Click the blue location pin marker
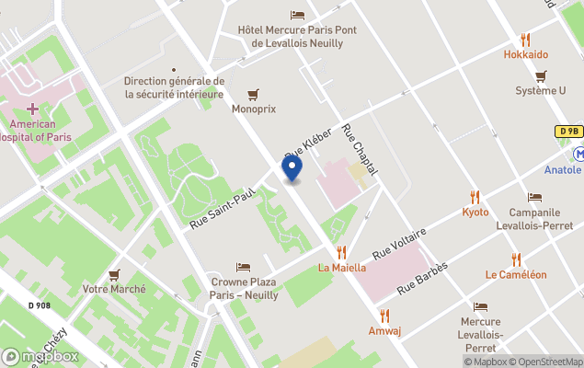click(292, 168)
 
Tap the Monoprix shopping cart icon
click(253, 94)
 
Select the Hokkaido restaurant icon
click(525, 40)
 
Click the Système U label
click(541, 91)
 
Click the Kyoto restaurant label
click(475, 213)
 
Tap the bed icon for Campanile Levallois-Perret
click(535, 198)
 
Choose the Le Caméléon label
click(516, 274)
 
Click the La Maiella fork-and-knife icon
click(341, 252)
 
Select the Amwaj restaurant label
click(384, 331)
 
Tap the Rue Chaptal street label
click(361, 151)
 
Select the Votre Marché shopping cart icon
click(114, 274)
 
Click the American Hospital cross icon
click(32, 109)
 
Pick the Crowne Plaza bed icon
click(243, 267)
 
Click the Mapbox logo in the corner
click(40, 356)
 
